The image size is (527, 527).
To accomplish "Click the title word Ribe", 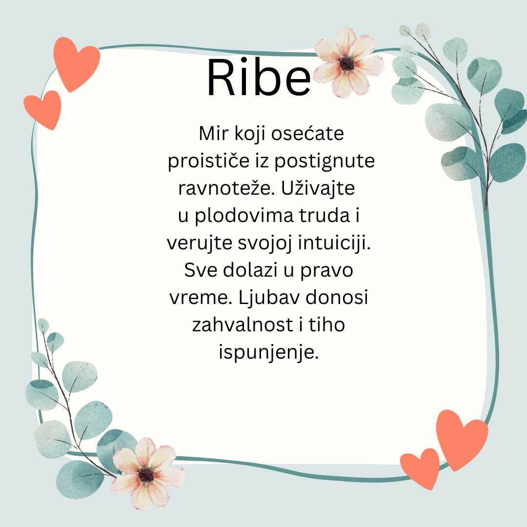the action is (259, 78).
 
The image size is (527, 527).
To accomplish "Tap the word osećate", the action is (307, 133).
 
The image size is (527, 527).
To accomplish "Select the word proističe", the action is (208, 162).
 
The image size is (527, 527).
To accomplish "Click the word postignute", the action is (324, 162).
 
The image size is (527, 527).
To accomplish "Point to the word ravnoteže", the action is (226, 188).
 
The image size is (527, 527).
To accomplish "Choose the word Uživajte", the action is (318, 188).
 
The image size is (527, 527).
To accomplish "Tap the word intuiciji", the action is (334, 243).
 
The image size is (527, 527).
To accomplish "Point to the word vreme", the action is (201, 298).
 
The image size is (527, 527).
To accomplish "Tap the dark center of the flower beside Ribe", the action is (347, 63).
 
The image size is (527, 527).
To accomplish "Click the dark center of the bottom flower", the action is (146, 475).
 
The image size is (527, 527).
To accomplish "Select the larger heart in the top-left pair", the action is (76, 63).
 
